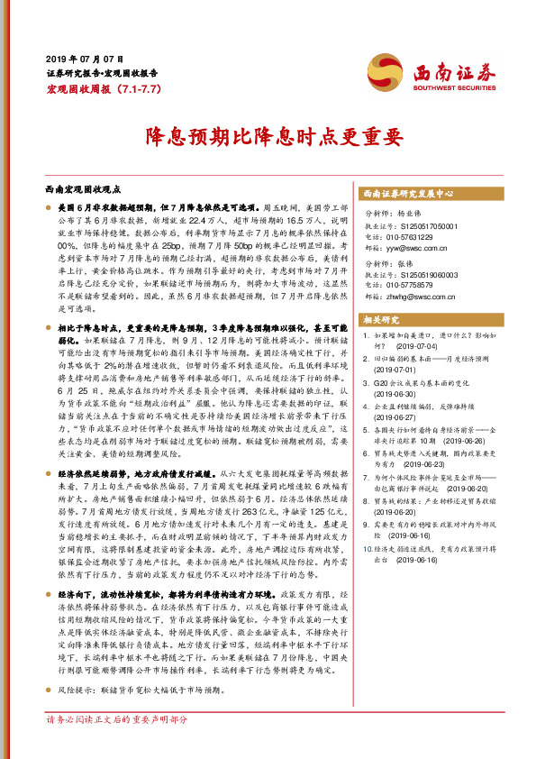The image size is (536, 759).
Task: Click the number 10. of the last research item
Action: tap(366, 572)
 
